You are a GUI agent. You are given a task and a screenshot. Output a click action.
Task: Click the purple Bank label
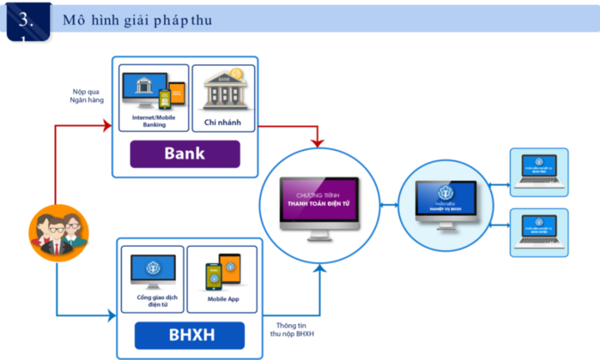[184, 154]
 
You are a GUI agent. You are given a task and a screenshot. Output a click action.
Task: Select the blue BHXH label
[190, 336]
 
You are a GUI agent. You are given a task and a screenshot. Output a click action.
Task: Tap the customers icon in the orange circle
[57, 232]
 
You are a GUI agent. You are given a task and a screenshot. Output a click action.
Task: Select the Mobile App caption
[222, 298]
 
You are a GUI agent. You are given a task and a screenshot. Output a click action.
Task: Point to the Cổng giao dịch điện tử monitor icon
[152, 272]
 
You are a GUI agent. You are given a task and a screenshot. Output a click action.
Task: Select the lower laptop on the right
[537, 228]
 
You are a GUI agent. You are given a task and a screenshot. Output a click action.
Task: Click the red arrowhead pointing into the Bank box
[107, 127]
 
